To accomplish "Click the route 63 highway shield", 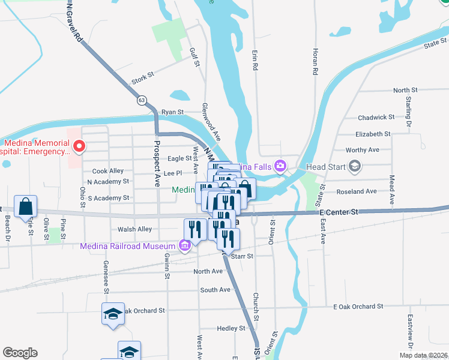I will pyautogui.click(x=141, y=100).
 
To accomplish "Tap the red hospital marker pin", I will pyautogui.click(x=78, y=146).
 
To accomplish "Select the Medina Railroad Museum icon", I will pyautogui.click(x=184, y=245).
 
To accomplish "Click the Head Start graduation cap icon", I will pyautogui.click(x=355, y=166).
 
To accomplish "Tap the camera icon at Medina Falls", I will pyautogui.click(x=280, y=166).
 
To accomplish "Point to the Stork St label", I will pyautogui.click(x=143, y=76).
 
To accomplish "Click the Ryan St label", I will pyautogui.click(x=172, y=112).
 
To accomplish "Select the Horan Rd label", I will pyautogui.click(x=314, y=62).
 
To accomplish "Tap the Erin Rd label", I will pyautogui.click(x=255, y=62).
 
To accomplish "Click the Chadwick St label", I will pyautogui.click(x=376, y=118).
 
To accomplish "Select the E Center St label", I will pyautogui.click(x=339, y=212).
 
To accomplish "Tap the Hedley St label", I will pyautogui.click(x=231, y=329).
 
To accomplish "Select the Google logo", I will pyautogui.click(x=20, y=353).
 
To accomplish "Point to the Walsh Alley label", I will pyautogui.click(x=135, y=229).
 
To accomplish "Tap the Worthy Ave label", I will pyautogui.click(x=363, y=149).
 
